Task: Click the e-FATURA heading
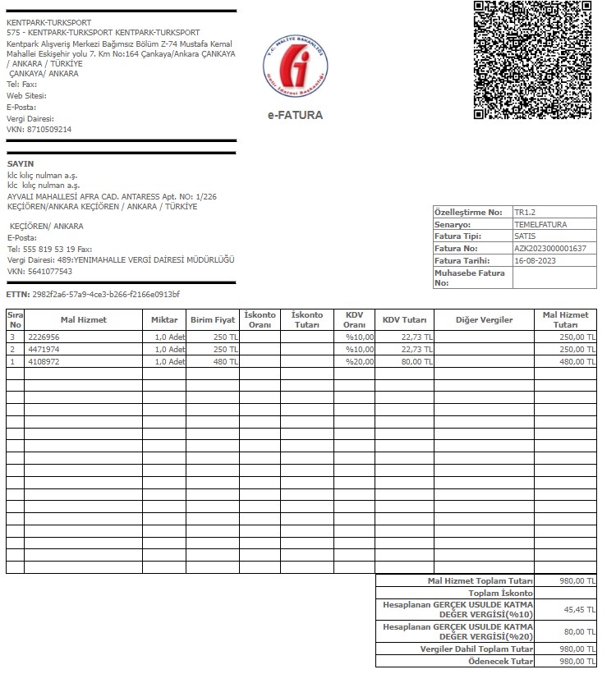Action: pyautogui.click(x=295, y=115)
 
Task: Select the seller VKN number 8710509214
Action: pyautogui.click(x=51, y=130)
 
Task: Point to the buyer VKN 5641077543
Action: pyautogui.click(x=51, y=272)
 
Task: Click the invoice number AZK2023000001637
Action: pyautogui.click(x=550, y=248)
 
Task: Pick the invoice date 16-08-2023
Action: pyautogui.click(x=536, y=260)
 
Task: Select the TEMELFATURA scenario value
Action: pyautogui.click(x=540, y=224)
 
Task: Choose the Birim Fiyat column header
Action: pyautogui.click(x=212, y=319)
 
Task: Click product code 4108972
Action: pyautogui.click(x=44, y=361)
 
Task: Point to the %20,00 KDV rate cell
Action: pyautogui.click(x=359, y=361)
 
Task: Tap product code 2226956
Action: pyautogui.click(x=44, y=337)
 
